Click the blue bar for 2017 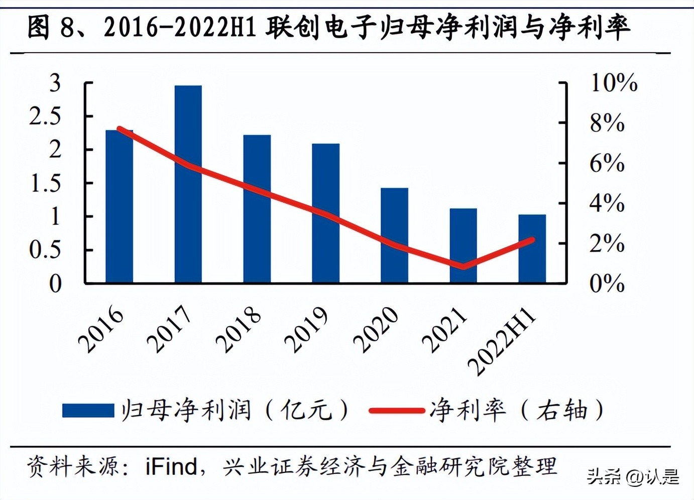click(188, 184)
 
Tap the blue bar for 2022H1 click(532, 248)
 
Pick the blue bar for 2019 click(325, 213)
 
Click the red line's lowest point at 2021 click(463, 266)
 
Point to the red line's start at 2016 click(120, 129)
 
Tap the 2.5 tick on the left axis click(45, 116)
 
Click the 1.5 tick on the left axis click(45, 183)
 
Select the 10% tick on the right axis click(614, 82)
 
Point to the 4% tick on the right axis click(607, 203)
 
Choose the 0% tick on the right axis click(607, 284)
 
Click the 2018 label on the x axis click(239, 330)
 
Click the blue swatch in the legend click(88, 410)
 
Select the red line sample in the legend click(397, 411)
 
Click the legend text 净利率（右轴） click(517, 410)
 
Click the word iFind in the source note click(171, 466)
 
